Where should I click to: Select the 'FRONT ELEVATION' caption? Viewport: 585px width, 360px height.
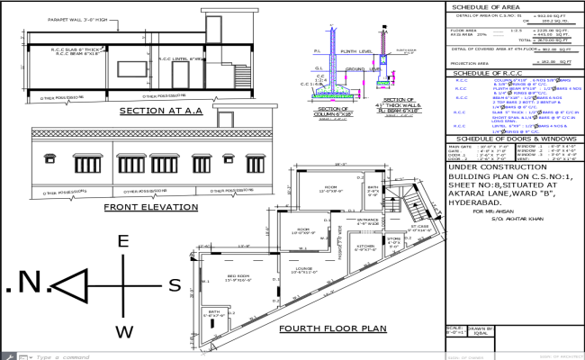[150, 207]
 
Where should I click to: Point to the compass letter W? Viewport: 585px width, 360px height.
[125, 332]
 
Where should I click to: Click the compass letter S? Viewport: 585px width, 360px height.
[175, 285]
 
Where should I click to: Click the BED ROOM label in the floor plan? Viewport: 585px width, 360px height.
[238, 276]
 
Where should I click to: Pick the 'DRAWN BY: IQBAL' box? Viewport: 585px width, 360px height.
[483, 332]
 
